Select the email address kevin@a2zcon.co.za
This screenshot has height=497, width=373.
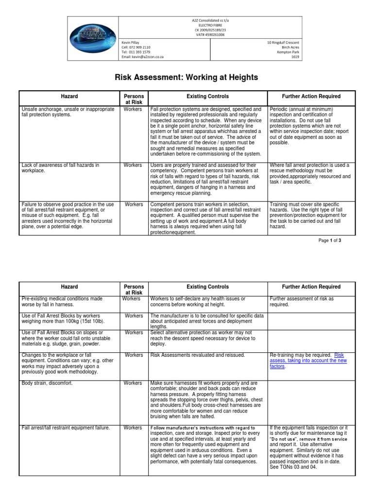[142, 56]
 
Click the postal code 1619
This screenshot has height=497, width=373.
[295, 56]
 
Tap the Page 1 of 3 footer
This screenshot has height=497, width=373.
[330, 240]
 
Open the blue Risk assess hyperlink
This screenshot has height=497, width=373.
[345, 355]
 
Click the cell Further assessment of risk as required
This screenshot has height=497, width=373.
[301, 301]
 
